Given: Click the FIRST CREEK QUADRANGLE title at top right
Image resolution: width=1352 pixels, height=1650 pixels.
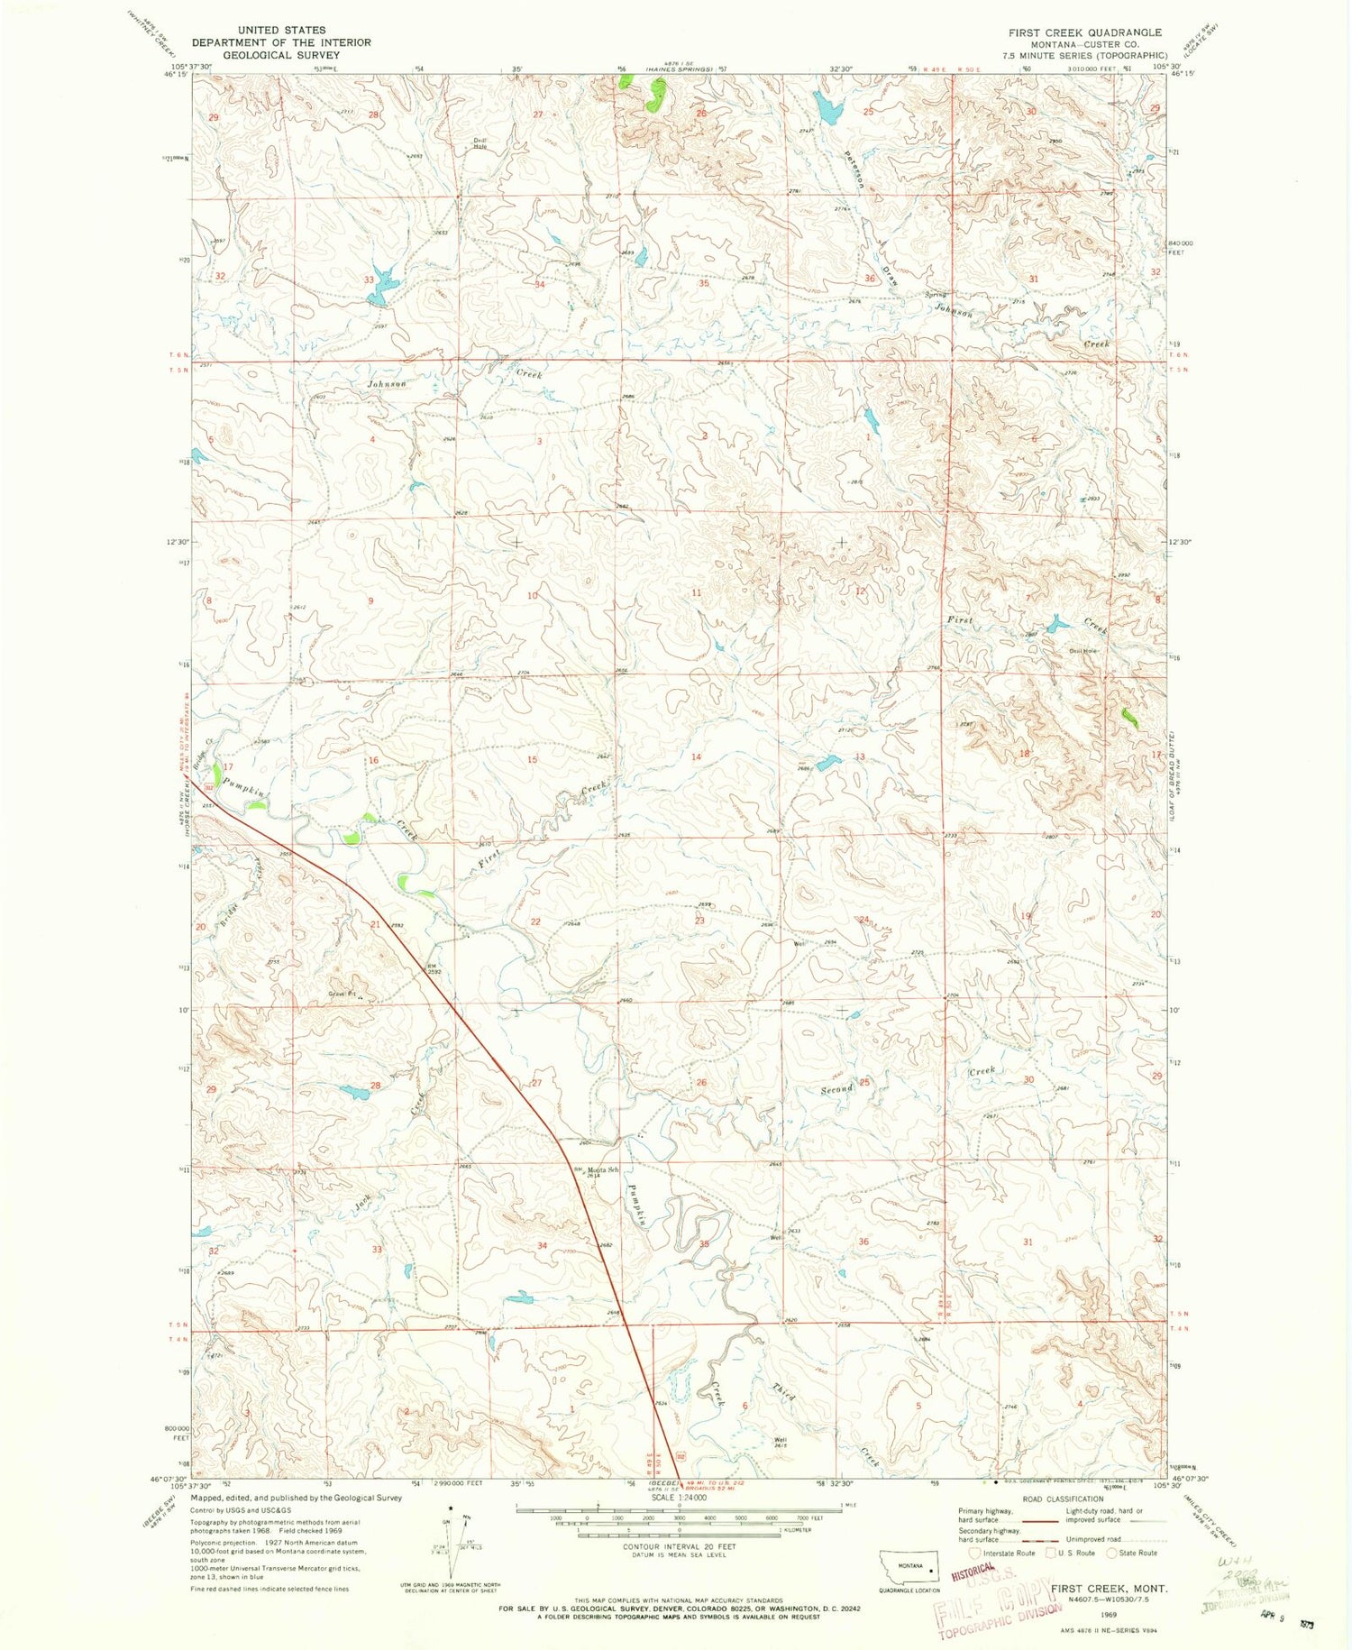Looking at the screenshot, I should tap(1084, 32).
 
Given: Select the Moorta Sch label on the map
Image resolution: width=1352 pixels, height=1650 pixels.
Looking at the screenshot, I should tap(602, 1170).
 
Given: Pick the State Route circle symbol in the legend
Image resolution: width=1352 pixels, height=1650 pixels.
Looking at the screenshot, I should tap(1111, 1553).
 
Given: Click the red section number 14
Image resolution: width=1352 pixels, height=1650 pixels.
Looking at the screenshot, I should tap(696, 756).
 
